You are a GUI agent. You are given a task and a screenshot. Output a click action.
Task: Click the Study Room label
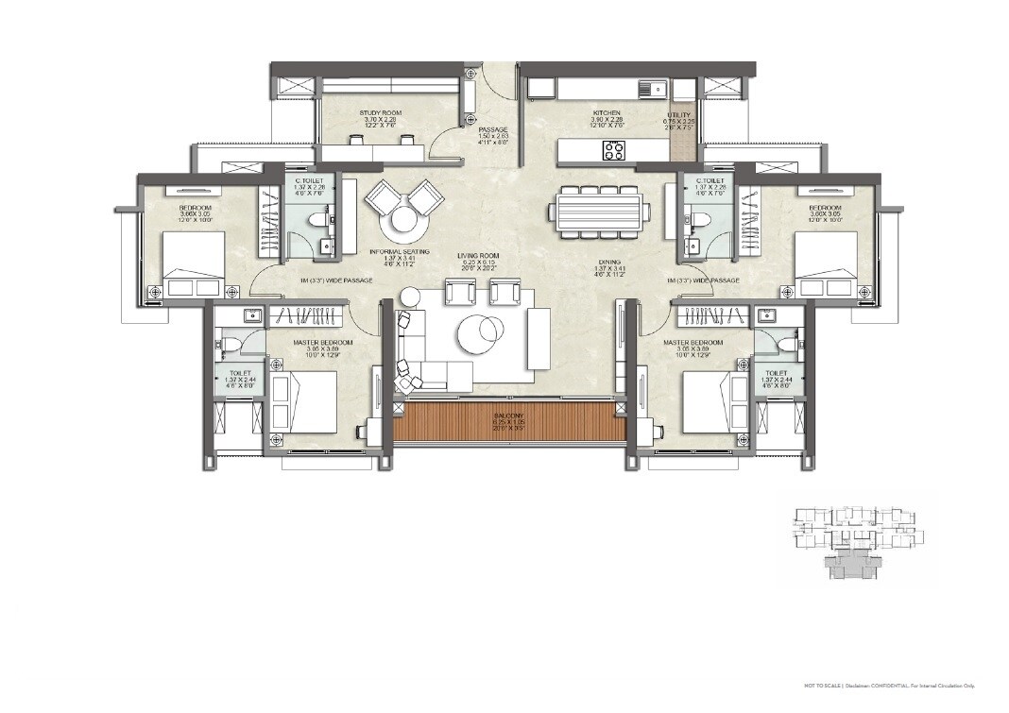381,113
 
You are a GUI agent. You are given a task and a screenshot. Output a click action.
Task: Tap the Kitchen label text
606,113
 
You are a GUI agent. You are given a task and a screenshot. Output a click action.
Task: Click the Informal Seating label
400,252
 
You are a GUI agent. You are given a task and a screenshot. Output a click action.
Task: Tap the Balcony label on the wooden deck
508,416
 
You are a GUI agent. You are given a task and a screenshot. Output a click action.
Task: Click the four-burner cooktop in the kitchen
614,150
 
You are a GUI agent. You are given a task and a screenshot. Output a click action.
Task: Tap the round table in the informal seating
402,224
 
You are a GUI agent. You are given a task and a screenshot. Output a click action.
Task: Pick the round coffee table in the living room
482,332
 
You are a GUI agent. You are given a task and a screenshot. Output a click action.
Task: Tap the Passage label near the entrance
493,129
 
